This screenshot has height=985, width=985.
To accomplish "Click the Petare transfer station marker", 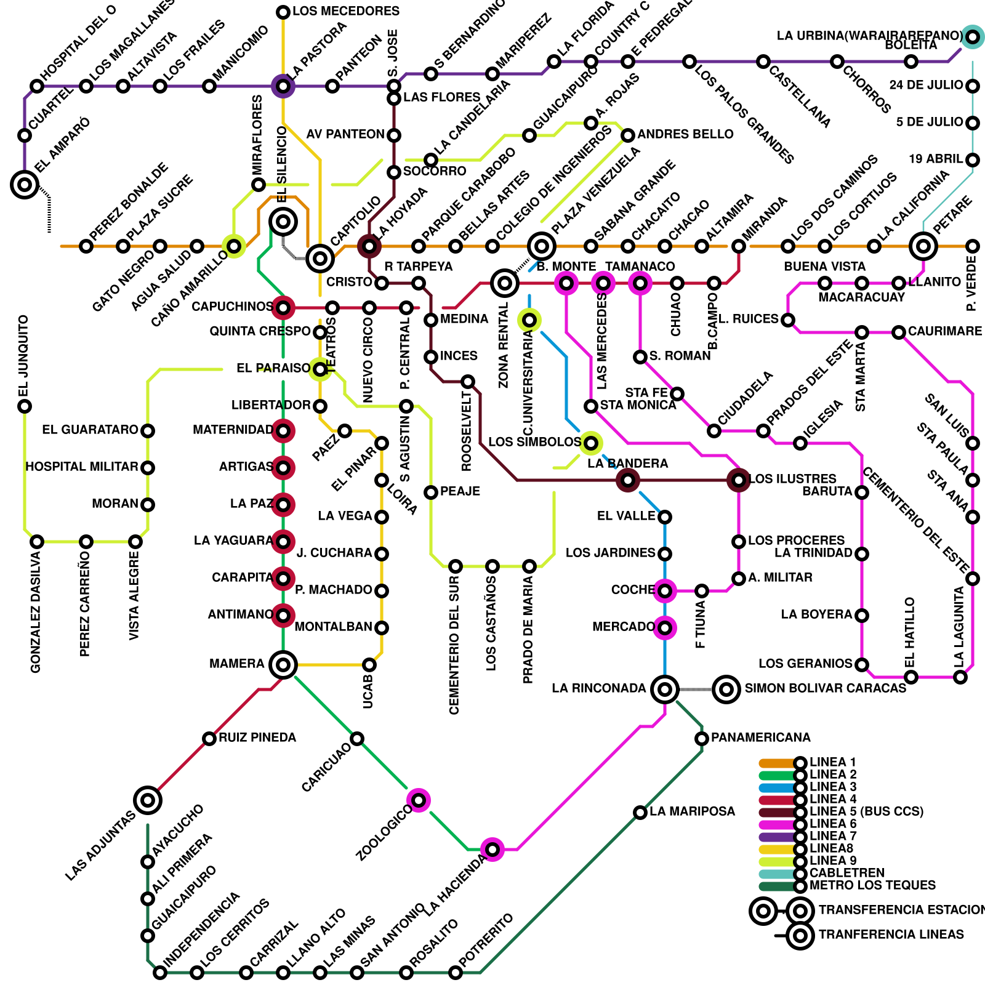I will [923, 246].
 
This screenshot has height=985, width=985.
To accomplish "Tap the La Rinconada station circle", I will [665, 689].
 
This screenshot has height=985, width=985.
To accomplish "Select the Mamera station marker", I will [283, 665].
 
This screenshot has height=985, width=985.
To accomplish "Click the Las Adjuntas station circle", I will [148, 800].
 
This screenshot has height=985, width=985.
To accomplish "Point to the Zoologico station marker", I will [419, 800].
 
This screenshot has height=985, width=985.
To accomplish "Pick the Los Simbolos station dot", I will [591, 443].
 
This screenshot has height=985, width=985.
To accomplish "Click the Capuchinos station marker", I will [283, 307].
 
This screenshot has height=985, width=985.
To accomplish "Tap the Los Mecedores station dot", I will [283, 12].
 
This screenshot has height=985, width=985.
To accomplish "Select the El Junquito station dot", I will [25, 406].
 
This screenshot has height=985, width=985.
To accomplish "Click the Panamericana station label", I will [760, 738].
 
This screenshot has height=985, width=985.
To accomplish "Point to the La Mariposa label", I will [692, 811].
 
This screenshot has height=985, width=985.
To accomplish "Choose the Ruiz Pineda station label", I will [257, 738].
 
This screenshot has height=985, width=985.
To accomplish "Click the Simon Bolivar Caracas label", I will [825, 688].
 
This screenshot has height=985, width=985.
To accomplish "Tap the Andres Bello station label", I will [685, 134].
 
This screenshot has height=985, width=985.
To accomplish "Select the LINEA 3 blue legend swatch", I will [777, 787].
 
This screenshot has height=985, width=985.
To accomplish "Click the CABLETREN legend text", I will [847, 873].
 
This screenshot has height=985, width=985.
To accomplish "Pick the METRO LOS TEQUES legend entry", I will [872, 885].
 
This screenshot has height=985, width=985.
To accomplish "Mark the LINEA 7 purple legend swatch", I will [777, 837].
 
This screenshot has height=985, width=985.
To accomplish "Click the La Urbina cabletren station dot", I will [973, 37].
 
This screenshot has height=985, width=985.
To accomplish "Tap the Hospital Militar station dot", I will [148, 468].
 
